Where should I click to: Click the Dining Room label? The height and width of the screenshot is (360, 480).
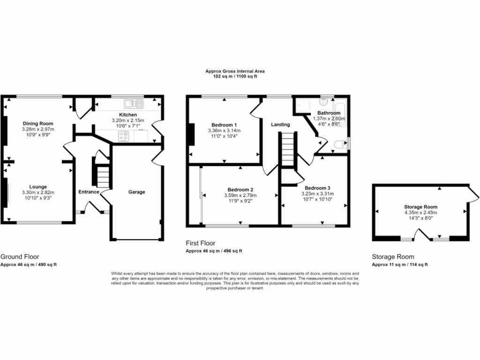[x=37, y=124]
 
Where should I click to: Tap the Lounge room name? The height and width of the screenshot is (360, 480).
[x=37, y=187]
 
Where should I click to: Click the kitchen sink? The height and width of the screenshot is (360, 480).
[x=133, y=103]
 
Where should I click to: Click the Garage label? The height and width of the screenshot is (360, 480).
[x=137, y=192]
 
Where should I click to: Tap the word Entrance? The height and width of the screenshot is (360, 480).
[x=89, y=192]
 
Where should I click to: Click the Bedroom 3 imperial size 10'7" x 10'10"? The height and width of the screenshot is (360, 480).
[x=317, y=199]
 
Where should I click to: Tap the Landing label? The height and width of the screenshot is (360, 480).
[x=280, y=125]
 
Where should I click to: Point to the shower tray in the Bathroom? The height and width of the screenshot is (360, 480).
[x=303, y=105]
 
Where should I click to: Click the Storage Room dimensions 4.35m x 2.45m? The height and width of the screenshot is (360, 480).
[x=420, y=212]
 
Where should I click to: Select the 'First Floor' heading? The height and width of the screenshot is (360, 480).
[x=201, y=243]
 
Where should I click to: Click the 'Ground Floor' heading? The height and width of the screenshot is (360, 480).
[x=20, y=256]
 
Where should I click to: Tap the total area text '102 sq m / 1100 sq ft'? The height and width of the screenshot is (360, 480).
[x=234, y=76]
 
